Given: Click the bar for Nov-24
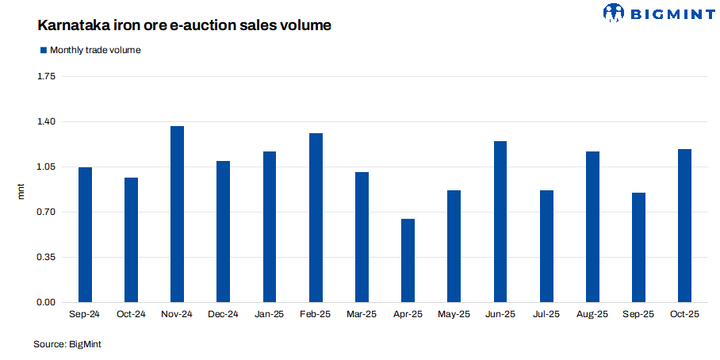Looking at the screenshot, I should [177, 214].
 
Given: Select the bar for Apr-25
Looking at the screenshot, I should [408, 260].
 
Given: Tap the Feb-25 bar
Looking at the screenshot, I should [316, 217].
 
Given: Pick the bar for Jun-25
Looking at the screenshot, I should [500, 221].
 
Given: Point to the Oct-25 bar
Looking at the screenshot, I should [685, 225].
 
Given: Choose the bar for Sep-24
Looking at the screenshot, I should [85, 235].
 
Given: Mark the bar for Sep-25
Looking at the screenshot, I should [639, 247].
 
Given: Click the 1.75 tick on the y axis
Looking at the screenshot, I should [46, 76].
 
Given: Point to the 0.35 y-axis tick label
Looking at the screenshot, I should [46, 257].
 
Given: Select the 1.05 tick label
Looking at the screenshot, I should [46, 167].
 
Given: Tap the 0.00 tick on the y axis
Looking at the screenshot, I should [46, 302].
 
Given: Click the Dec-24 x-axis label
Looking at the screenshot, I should [223, 315].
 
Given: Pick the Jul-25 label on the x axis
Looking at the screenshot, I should [546, 315].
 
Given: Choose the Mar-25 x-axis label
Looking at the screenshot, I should [362, 315].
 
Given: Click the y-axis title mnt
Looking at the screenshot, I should [22, 190].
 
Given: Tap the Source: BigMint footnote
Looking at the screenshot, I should [67, 344].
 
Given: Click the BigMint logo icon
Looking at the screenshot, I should [615, 12].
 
